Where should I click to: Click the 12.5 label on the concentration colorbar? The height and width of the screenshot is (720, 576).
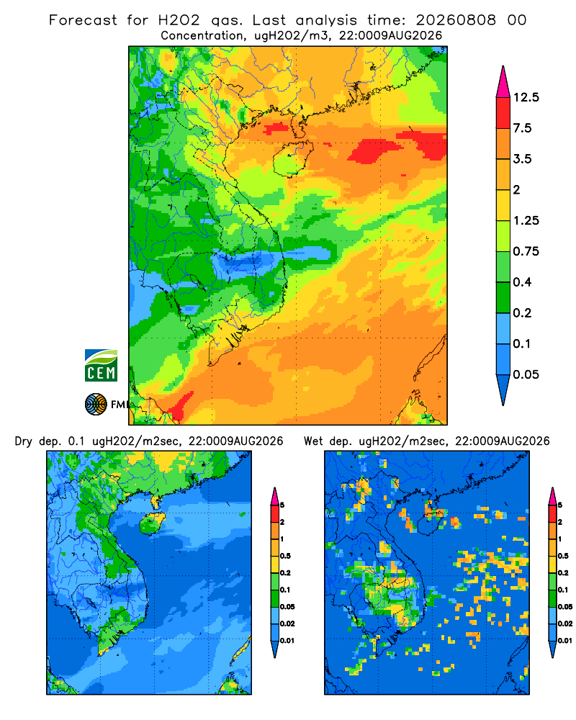coord(526,97)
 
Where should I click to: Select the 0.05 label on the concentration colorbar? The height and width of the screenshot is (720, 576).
coord(526,374)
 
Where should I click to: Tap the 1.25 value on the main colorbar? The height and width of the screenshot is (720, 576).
coord(526,220)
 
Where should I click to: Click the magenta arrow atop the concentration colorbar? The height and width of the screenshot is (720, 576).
coord(503,83)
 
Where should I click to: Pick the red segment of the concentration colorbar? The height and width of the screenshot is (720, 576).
coord(503,113)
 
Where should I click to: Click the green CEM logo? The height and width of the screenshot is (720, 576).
coord(101,365)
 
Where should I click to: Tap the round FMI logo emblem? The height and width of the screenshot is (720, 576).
coord(96,404)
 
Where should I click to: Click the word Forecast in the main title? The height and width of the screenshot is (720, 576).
coord(83,20)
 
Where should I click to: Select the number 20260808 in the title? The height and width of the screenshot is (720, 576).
coord(456,20)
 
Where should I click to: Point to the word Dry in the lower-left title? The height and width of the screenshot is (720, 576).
coord(24,441)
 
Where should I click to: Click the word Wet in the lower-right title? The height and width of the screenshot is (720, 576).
coord(314,441)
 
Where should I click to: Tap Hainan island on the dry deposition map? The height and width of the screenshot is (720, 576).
coord(152,523)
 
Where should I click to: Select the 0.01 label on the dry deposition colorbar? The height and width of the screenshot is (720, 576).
coord(287,641)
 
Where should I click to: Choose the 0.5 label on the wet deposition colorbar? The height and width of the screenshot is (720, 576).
coord(562,556)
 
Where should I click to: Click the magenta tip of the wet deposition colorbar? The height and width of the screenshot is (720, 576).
coord(553,496)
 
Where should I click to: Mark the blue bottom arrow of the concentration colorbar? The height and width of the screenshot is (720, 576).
coord(503,390)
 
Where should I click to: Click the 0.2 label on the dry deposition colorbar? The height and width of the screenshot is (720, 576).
coord(285,573)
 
